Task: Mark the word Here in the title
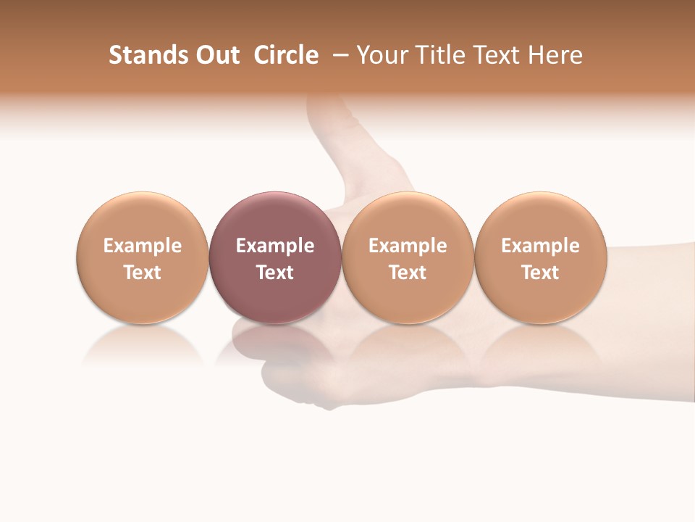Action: click(x=555, y=55)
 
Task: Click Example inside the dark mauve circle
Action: click(x=275, y=246)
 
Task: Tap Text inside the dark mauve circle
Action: click(x=275, y=273)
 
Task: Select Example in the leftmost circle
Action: click(x=142, y=246)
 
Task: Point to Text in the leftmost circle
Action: click(x=142, y=273)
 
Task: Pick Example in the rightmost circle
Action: click(x=540, y=246)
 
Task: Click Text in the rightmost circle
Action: click(x=540, y=273)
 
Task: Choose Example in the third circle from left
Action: click(x=408, y=246)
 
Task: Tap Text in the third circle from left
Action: click(x=408, y=273)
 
